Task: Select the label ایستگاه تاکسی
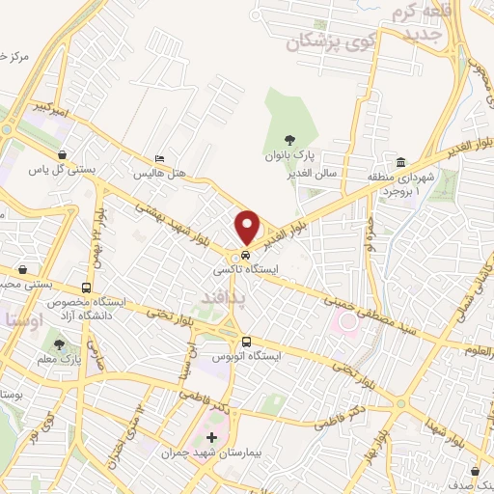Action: [x=247, y=270]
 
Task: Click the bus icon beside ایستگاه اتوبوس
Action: [x=246, y=342]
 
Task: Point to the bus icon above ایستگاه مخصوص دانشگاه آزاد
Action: [x=88, y=288]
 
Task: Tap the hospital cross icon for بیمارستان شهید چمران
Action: [x=211, y=437]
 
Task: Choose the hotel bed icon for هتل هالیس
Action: [x=159, y=160]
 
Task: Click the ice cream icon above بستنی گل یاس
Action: [x=63, y=154]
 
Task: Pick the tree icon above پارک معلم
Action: [x=61, y=344]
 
